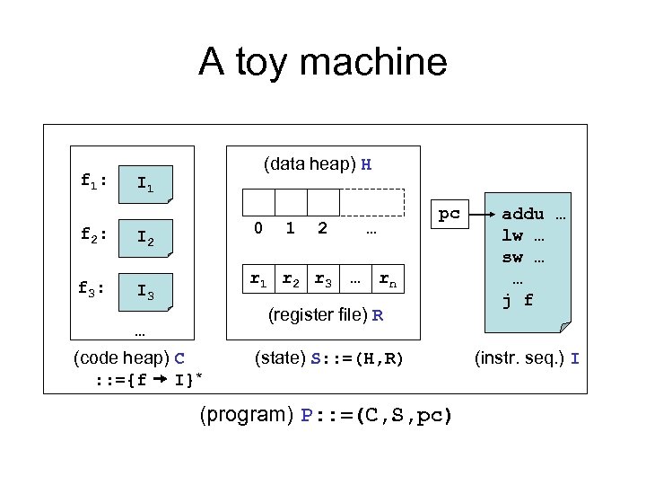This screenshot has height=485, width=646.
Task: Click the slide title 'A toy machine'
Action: point(322,63)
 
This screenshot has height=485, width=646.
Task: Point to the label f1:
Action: point(94,181)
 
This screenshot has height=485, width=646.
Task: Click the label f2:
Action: point(94,236)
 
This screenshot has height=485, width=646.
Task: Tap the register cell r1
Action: point(258,279)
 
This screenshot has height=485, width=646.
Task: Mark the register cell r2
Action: point(292,279)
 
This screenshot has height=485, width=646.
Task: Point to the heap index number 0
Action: point(258,229)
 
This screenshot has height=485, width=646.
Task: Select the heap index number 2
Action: point(323,229)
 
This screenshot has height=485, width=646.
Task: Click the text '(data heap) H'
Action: point(318,164)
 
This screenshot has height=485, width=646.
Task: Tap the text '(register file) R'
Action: point(327,316)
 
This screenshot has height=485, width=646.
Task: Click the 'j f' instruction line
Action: point(519,301)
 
